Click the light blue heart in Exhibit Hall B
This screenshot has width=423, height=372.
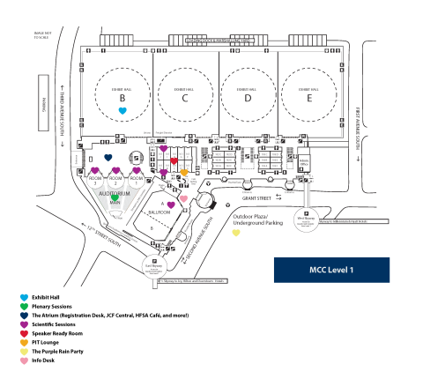coord(123,111)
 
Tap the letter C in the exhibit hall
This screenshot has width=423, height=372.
coord(185,100)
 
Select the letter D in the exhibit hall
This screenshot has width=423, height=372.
coord(248,100)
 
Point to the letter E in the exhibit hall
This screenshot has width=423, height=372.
coord(309,100)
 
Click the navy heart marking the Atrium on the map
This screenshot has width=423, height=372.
coord(108,158)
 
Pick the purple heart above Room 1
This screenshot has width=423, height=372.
coord(137,170)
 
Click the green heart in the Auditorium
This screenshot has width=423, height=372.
coord(115,199)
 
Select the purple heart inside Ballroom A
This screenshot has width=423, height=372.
coord(172,205)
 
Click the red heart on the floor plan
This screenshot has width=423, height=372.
coord(174,161)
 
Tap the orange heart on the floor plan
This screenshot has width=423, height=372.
coord(184,172)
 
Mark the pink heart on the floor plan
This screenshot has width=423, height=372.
coord(183,199)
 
